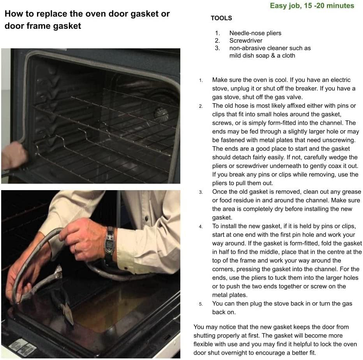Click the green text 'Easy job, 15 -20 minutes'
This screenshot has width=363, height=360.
(312, 5)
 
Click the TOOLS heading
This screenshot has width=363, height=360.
(221, 18)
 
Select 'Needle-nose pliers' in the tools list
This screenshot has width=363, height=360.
(256, 33)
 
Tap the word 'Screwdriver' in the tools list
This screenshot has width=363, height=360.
(246, 41)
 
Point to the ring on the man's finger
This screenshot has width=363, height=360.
(76, 248)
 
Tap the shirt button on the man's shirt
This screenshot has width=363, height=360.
(146, 218)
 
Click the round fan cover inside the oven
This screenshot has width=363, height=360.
(161, 113)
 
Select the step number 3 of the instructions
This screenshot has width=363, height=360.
(201, 192)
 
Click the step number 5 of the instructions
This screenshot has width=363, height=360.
(201, 304)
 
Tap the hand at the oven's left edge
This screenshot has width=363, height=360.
(14, 155)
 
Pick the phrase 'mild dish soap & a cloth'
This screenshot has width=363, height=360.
(262, 56)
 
